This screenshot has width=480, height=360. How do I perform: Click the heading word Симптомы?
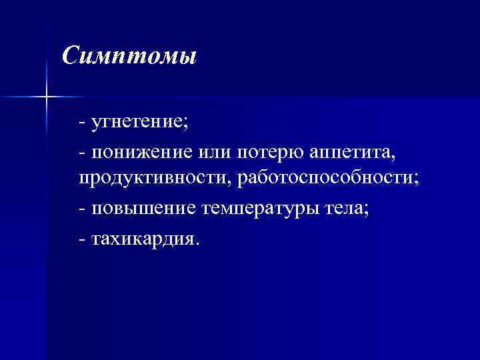[x=129, y=55]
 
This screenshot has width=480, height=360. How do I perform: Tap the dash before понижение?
[x=81, y=153]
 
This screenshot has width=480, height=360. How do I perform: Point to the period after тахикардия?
[x=196, y=243]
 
